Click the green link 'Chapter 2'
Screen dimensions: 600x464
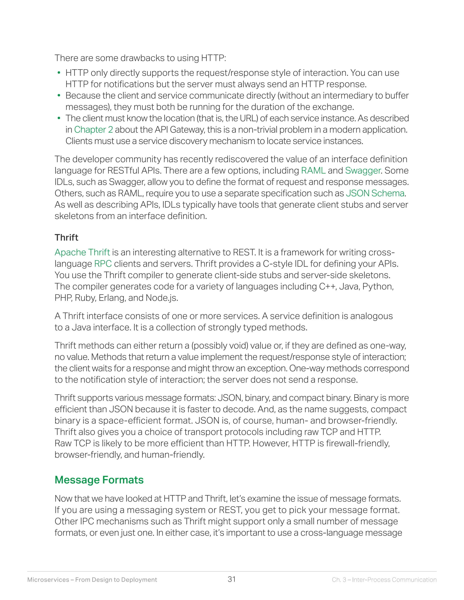tap(94, 130)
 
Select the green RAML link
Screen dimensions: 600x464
tap(313, 171)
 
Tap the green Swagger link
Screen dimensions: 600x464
tap(362, 171)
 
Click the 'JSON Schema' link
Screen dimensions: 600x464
tap(375, 193)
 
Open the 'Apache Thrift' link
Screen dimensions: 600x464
tap(82, 252)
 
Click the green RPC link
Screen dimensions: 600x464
tap(103, 264)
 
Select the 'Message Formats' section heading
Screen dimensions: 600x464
tap(99, 480)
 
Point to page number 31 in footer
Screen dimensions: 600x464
tap(232, 579)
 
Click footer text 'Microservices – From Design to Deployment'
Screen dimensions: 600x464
tap(92, 580)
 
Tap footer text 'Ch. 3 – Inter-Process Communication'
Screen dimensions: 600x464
tap(384, 580)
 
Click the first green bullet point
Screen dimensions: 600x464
tap(58, 73)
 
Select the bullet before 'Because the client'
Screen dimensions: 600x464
tap(58, 96)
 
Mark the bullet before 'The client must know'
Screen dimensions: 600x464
tap(58, 118)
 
